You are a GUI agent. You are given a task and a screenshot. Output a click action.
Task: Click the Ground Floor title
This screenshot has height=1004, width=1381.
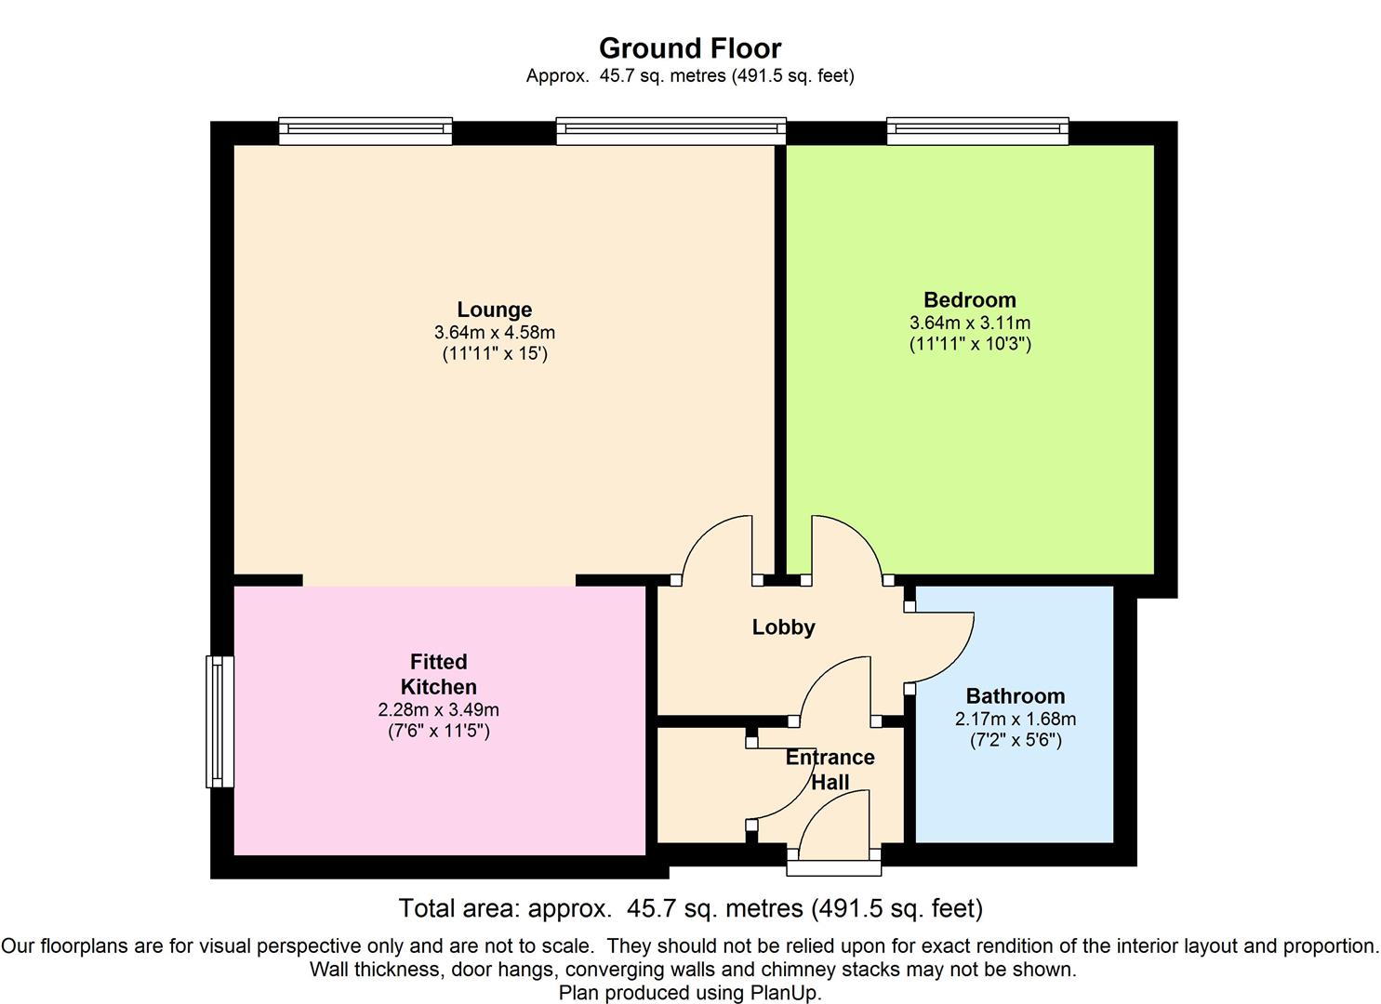click(x=690, y=47)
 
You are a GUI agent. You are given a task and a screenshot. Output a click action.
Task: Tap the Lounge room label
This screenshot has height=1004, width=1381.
click(x=494, y=310)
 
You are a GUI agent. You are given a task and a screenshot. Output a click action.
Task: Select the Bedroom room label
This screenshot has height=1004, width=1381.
click(x=969, y=299)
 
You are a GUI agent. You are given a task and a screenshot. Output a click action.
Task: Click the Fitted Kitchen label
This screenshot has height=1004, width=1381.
click(x=438, y=674)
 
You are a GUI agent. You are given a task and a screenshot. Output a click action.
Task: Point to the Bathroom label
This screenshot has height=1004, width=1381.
click(x=1015, y=695)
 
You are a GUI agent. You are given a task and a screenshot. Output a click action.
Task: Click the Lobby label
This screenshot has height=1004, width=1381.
click(x=783, y=627)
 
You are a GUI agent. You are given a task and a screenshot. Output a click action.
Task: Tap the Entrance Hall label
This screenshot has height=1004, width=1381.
click(x=830, y=770)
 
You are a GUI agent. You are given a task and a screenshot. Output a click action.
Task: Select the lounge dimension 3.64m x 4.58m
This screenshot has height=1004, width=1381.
click(x=494, y=332)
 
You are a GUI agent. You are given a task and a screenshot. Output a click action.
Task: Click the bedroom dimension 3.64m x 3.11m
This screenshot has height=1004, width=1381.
click(x=969, y=323)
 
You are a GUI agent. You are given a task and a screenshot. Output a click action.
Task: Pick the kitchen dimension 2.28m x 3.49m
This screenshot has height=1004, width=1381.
click(x=438, y=709)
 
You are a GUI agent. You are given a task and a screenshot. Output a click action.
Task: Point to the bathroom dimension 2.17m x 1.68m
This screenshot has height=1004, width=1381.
click(x=1015, y=719)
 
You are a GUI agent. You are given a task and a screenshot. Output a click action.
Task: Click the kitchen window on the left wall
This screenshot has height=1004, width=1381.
click(x=219, y=721)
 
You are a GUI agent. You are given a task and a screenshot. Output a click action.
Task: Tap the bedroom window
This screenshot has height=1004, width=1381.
click(x=977, y=131)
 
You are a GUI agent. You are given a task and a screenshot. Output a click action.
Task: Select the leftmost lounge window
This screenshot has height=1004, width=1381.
click(x=365, y=131)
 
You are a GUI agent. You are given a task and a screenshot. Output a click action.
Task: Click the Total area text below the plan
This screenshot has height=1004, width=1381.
click(x=690, y=907)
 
